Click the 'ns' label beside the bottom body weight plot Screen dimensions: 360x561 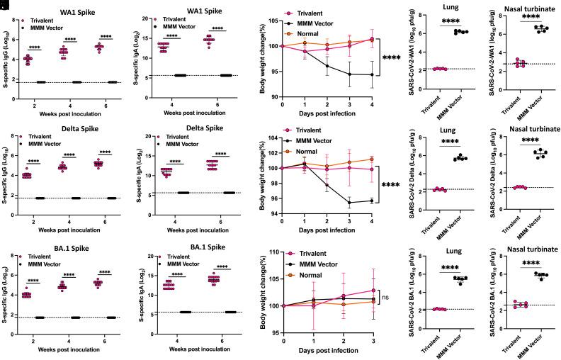[x=387, y=298]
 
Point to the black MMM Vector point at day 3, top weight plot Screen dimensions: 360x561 [x=350, y=74]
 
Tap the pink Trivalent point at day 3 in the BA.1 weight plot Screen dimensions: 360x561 [x=370, y=290]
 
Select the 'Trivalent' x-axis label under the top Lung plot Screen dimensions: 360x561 [x=421, y=99]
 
